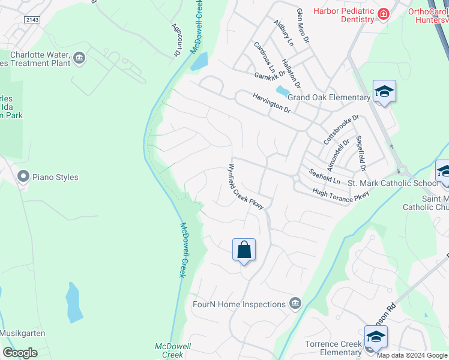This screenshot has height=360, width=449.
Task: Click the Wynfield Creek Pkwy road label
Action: tap(246, 187)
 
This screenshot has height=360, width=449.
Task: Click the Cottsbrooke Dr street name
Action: tap(341, 130)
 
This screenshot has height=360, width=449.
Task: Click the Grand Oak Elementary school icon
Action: tap(384, 92)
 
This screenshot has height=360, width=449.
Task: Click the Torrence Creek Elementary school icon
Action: tap(376, 337)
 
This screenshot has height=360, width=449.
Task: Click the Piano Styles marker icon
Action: tap(23, 176)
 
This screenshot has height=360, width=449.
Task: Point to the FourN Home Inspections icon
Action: tap(295, 304)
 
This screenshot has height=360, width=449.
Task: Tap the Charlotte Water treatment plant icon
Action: tap(79, 58)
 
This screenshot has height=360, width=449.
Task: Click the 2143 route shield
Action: tap(34, 20)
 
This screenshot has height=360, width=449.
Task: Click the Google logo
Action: tap(20, 353)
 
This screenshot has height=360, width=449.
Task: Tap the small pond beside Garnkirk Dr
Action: tap(281, 91)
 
